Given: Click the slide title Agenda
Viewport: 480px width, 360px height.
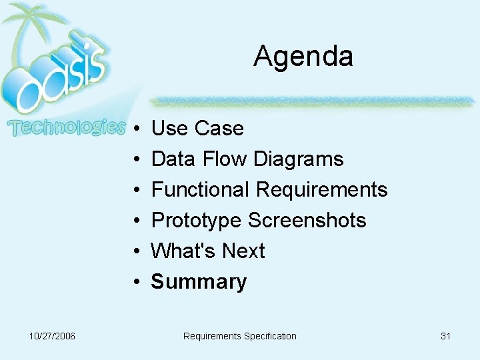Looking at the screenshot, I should tap(303, 56).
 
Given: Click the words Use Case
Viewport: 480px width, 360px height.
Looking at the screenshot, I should tap(197, 128).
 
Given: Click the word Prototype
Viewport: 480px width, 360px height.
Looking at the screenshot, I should tap(197, 221).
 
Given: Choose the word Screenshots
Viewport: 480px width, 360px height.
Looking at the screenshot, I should tap(307, 221).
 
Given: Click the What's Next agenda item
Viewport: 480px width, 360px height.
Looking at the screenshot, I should tap(208, 251).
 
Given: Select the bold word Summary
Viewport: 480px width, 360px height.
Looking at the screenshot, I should tap(199, 282).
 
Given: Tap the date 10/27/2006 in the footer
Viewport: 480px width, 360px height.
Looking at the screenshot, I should tap(52, 336).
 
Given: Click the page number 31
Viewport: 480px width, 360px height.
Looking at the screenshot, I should tap(445, 336).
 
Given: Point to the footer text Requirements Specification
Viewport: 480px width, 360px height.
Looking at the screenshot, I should tap(239, 336).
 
